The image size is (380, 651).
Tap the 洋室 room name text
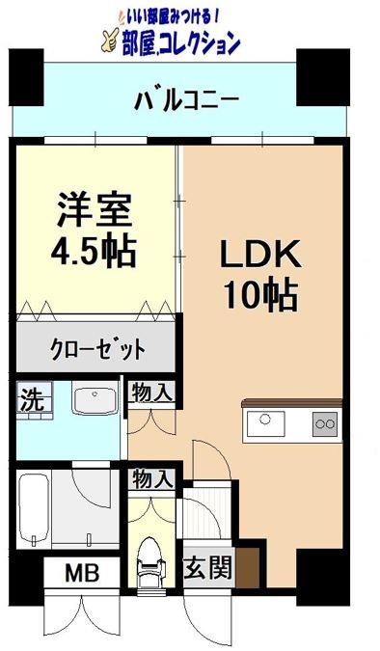click(x=94, y=211)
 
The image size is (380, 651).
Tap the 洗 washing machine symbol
click(x=32, y=399)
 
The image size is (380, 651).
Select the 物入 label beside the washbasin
click(x=151, y=393)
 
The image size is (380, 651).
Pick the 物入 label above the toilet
click(x=152, y=478)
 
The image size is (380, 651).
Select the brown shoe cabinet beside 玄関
click(x=249, y=566)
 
